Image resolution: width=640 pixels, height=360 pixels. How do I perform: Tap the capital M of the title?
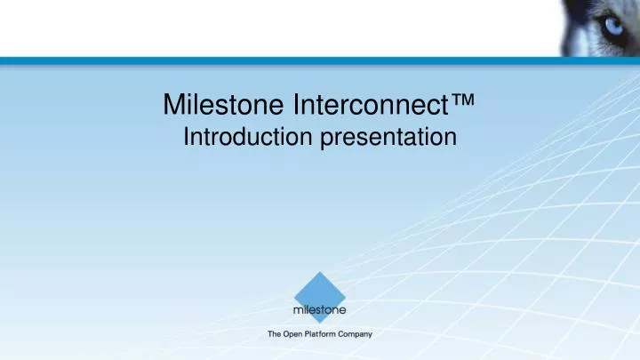point(173,106)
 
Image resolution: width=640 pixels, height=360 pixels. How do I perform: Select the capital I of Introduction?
point(185,137)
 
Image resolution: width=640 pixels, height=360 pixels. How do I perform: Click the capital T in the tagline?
point(270,334)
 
